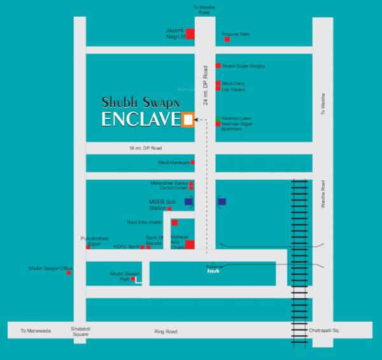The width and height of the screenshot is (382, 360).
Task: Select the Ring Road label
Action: click(164, 332)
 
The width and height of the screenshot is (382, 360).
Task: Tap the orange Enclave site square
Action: click(187, 119)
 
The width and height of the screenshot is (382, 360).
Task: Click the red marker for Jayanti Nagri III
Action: click(190, 34)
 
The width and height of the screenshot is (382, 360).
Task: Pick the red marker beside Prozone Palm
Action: click(227, 40)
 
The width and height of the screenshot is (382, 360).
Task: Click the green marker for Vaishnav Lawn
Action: click(218, 119)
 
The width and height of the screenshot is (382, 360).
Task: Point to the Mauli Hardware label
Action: click(174, 162)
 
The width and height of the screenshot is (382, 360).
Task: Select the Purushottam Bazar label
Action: click(90, 240)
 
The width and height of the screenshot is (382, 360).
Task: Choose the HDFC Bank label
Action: click(126, 247)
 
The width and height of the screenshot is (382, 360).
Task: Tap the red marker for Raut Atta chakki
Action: click(174, 222)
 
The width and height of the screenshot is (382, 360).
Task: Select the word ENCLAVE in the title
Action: click(141, 120)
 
